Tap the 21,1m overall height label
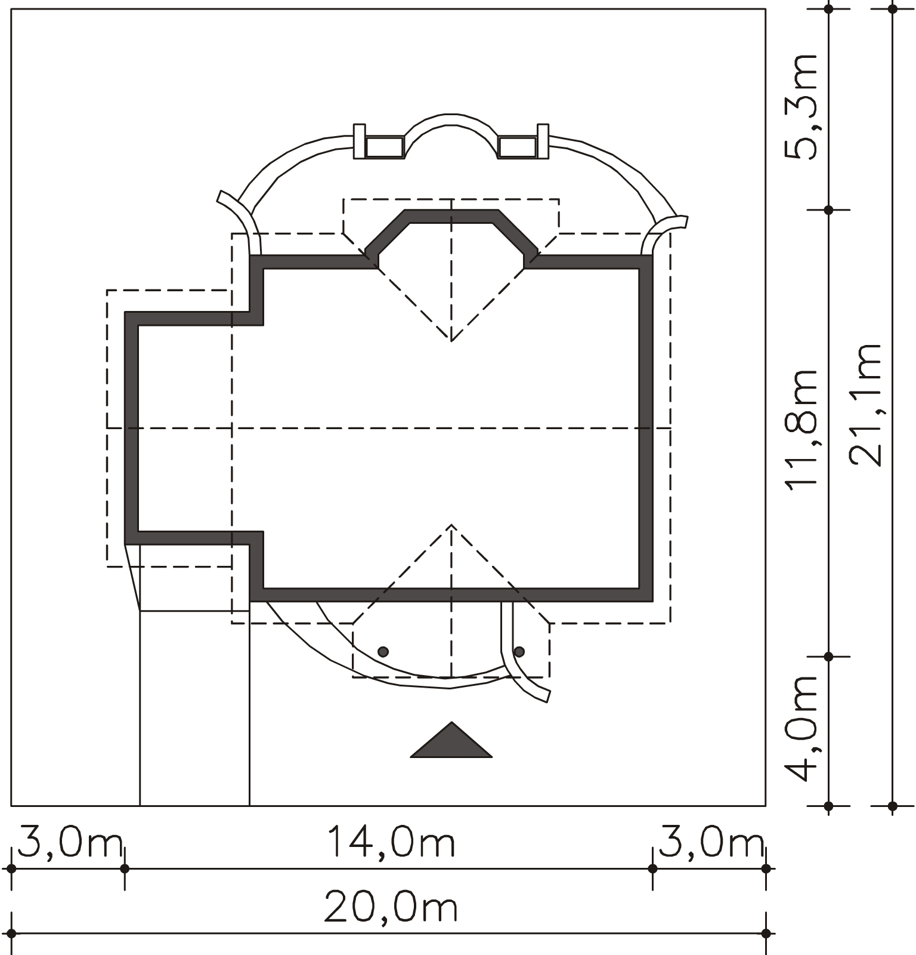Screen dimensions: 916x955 coord(865,405)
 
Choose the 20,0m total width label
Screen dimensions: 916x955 coord(391,908)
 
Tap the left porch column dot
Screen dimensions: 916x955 coord(383,652)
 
